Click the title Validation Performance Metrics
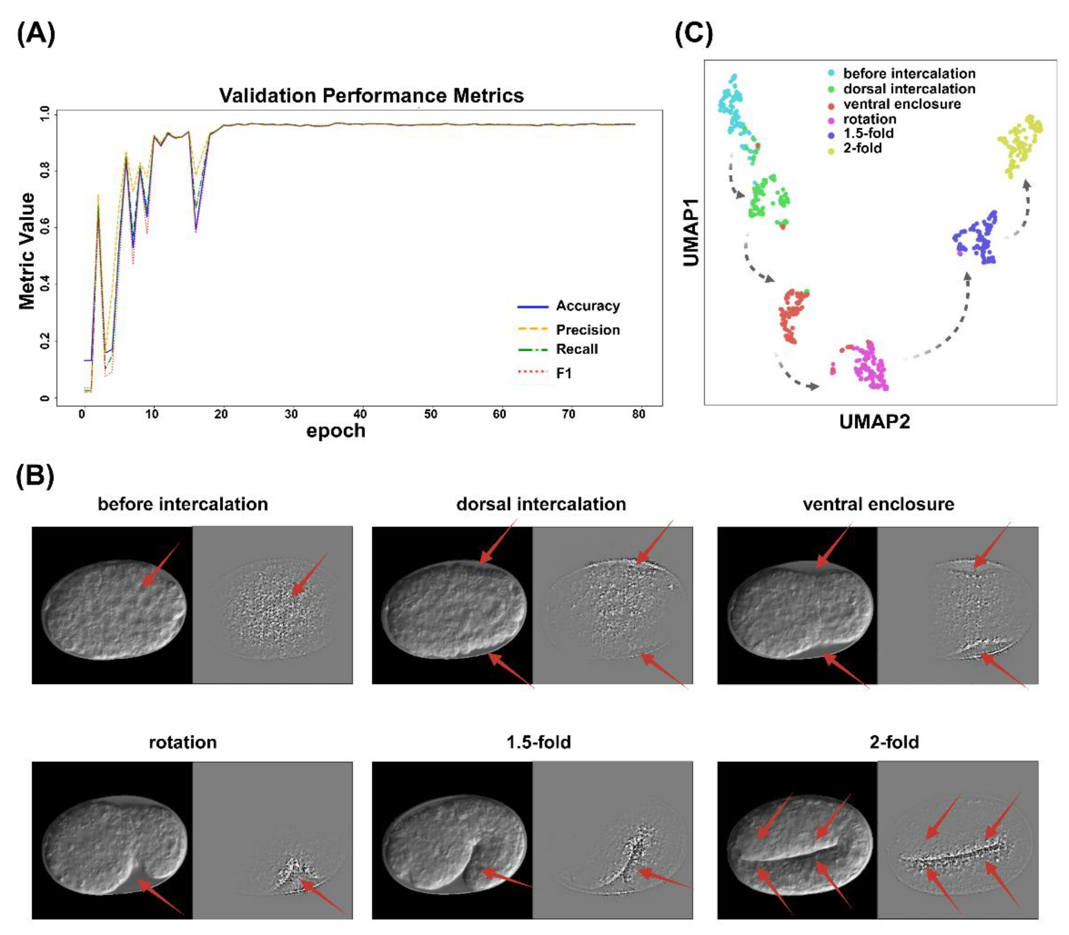tap(371, 95)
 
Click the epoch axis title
tap(335, 431)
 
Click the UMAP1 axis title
tap(691, 233)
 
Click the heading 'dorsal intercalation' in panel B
tap(541, 504)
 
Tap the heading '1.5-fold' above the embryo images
tap(538, 742)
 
